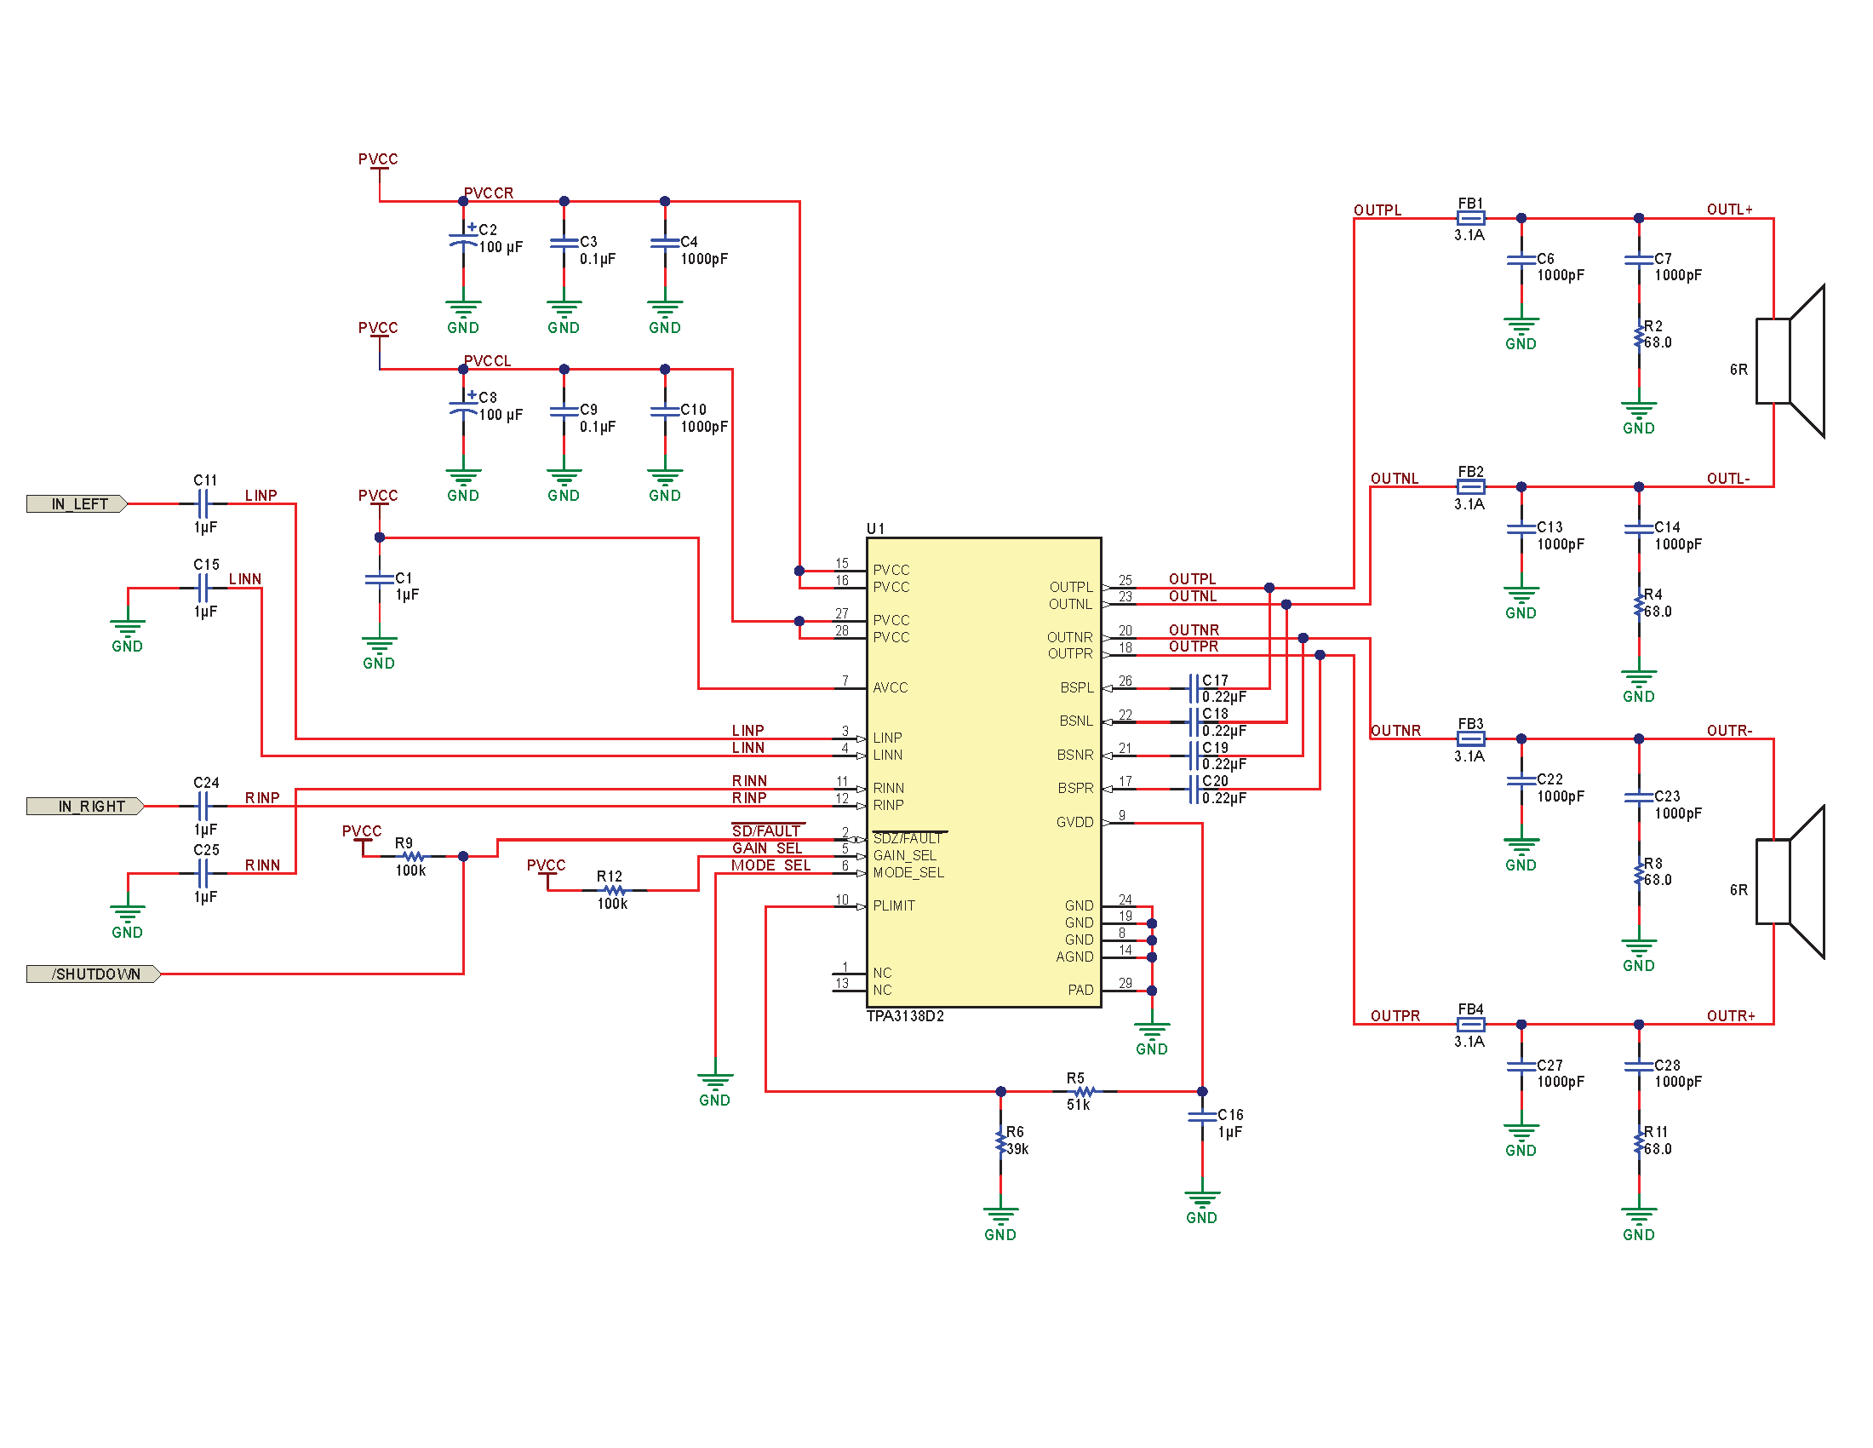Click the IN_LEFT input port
tap(78, 504)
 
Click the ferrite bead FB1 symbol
tap(1470, 219)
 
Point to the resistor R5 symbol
tap(1085, 1092)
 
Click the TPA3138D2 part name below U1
tap(905, 1016)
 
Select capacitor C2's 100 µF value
tap(500, 247)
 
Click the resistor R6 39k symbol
tap(1001, 1141)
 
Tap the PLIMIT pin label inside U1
tap(894, 906)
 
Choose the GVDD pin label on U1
tap(1074, 823)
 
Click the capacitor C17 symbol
tap(1193, 688)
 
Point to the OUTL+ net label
tap(1729, 210)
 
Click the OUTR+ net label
tap(1731, 1015)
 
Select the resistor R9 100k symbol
tap(414, 856)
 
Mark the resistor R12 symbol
tap(614, 890)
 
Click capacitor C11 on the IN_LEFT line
tap(203, 504)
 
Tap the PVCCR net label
tap(488, 193)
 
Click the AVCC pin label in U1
tap(891, 688)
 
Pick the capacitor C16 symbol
tap(1202, 1116)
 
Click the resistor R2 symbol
tap(1639, 336)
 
